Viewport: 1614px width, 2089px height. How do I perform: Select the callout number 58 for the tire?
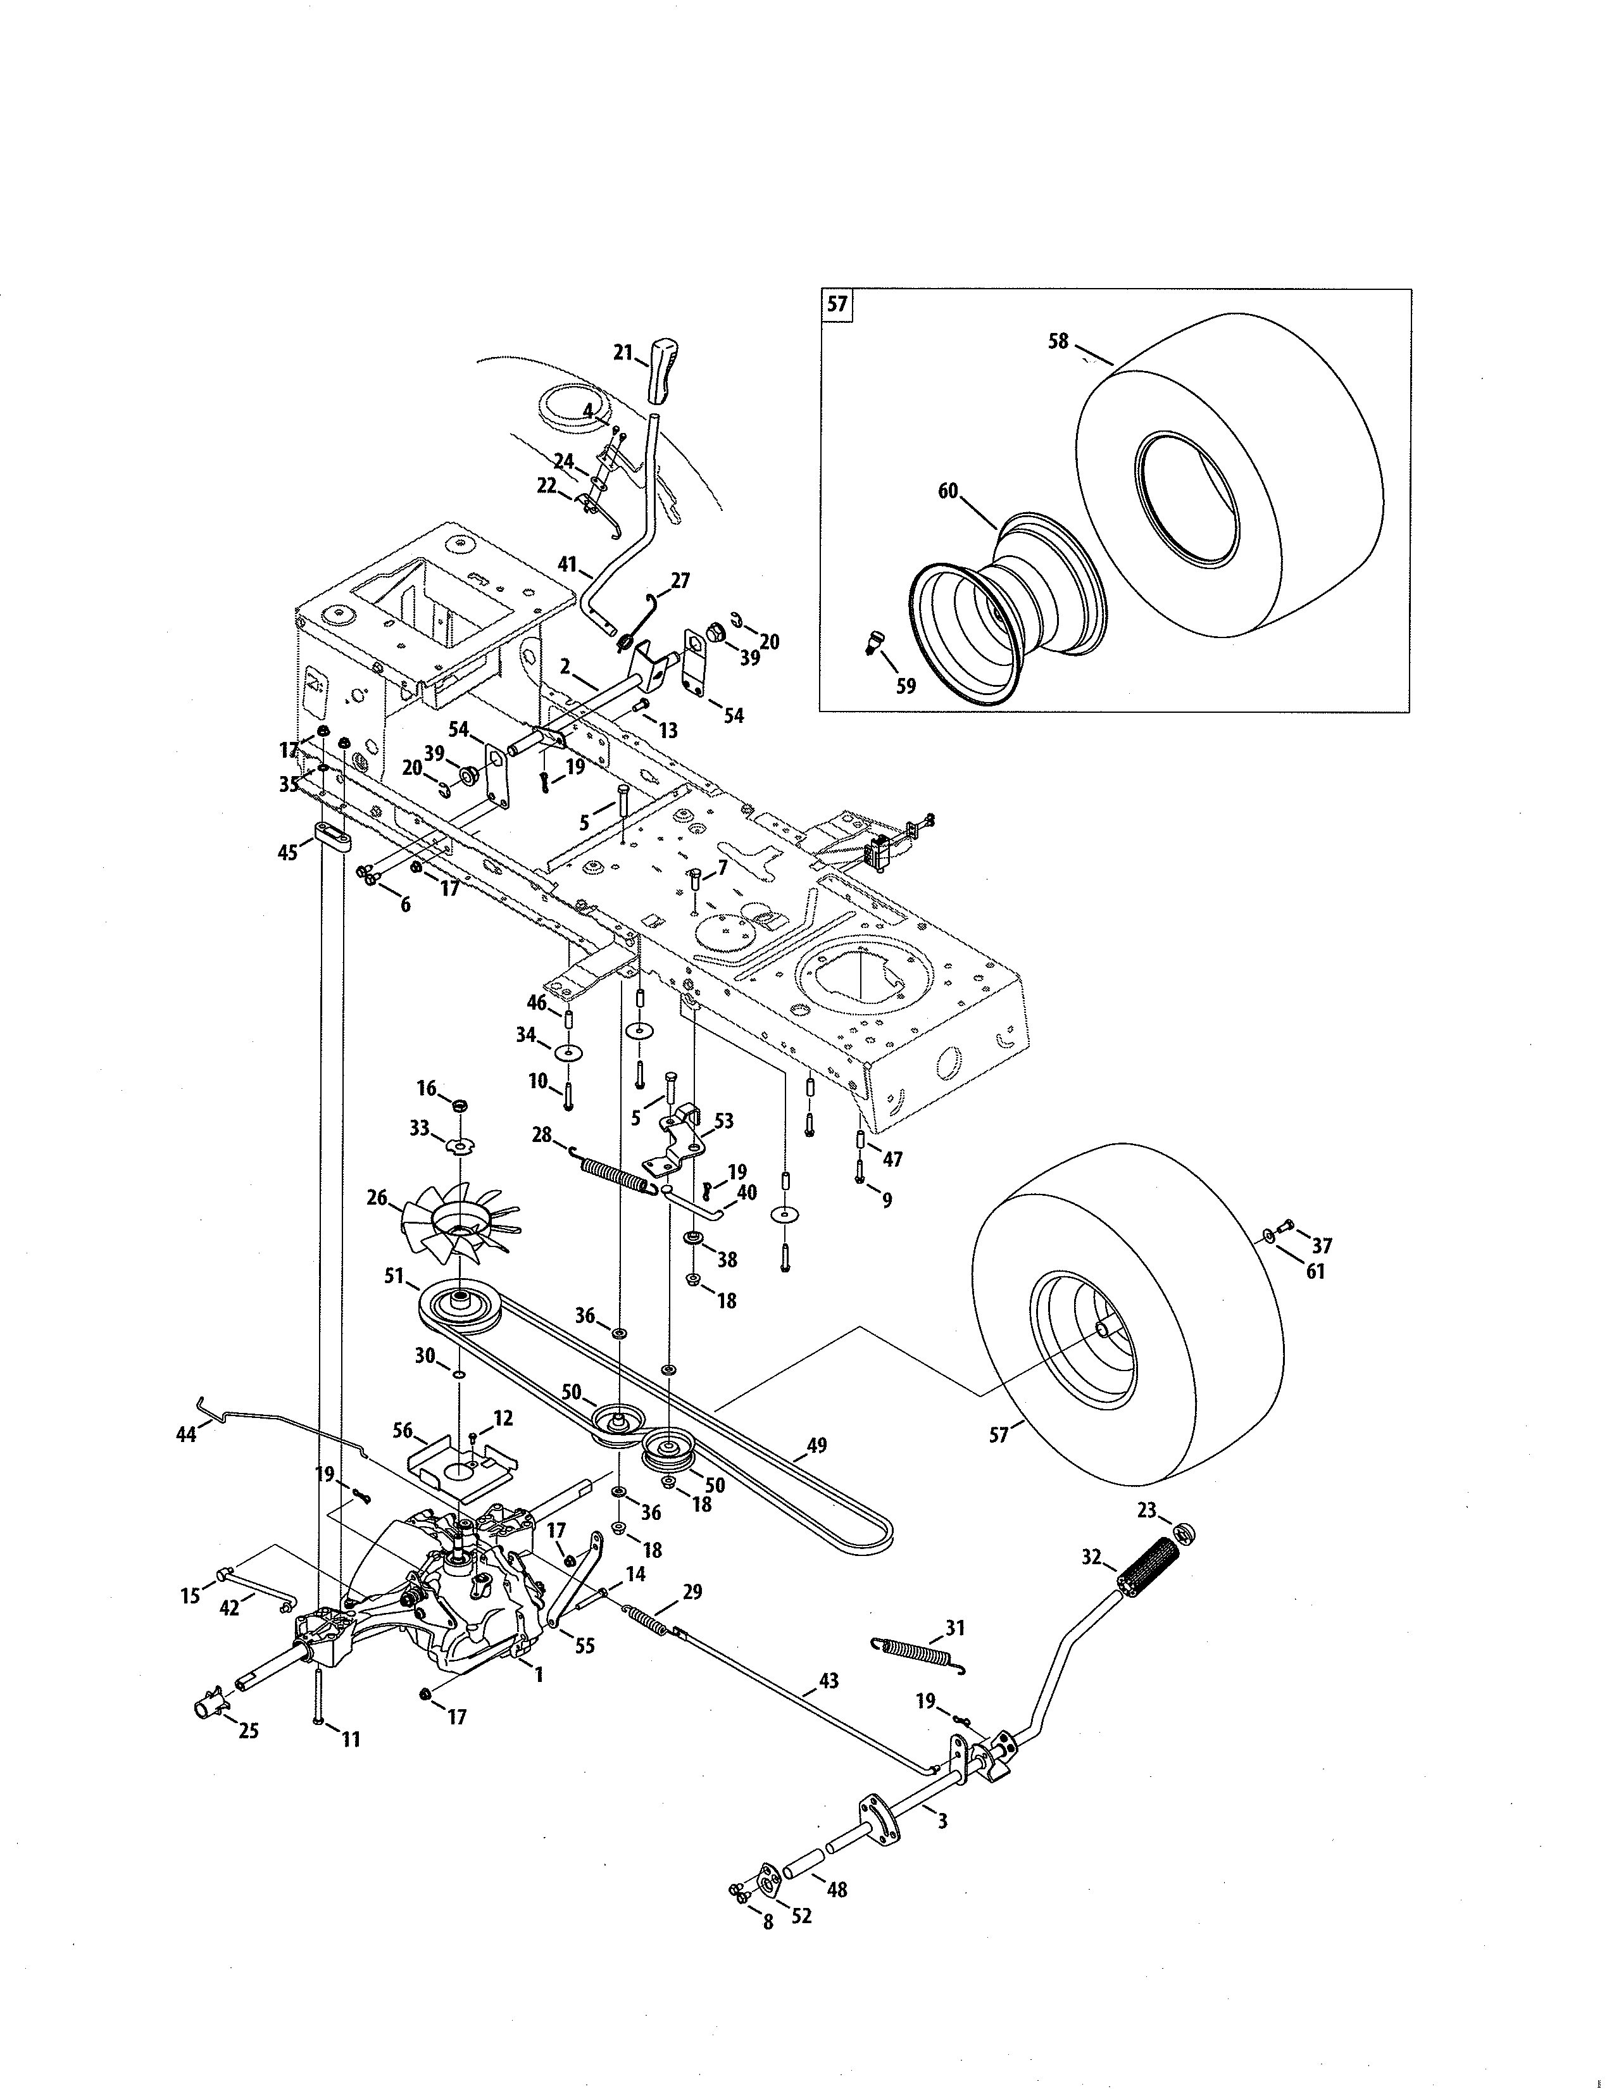pos(1058,341)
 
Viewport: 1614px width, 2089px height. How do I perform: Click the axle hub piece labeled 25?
pos(215,1705)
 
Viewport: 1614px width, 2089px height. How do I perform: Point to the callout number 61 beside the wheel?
pos(1316,1272)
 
